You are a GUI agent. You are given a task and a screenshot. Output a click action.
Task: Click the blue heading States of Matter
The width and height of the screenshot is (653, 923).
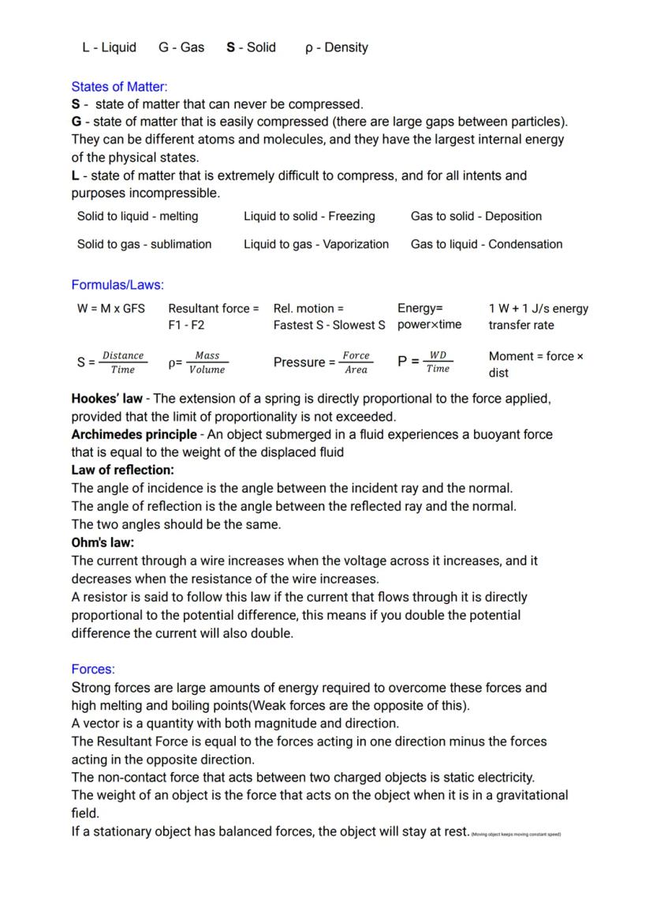(119, 87)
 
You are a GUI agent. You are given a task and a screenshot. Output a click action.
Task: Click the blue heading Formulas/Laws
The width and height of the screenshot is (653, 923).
(118, 285)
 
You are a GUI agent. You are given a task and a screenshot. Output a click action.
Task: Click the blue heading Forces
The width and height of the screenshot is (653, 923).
(93, 670)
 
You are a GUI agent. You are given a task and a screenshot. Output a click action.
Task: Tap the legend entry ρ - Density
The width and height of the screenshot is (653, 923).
(337, 47)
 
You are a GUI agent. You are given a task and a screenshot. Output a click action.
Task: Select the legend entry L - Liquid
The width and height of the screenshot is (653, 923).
(109, 47)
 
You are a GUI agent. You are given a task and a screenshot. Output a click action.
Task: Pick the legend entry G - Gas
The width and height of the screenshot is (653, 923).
(181, 47)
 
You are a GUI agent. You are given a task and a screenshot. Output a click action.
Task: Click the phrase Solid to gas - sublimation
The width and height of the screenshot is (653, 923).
(144, 244)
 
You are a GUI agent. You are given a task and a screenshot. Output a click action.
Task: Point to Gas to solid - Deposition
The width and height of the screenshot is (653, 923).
(476, 216)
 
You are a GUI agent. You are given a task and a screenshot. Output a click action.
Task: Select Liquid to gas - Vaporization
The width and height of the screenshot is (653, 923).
(316, 244)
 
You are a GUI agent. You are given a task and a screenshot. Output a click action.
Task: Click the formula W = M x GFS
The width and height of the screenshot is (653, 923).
(111, 309)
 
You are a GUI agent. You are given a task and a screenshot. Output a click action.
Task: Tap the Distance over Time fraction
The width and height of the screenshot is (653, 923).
(123, 362)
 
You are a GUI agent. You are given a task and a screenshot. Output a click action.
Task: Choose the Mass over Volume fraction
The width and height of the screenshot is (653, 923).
(207, 362)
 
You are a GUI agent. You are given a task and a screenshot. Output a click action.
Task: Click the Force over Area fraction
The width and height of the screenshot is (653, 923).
(356, 362)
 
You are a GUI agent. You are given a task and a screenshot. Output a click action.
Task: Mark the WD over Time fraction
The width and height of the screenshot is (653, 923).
(438, 362)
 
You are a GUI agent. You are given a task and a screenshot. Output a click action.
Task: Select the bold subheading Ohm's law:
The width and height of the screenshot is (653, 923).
(103, 542)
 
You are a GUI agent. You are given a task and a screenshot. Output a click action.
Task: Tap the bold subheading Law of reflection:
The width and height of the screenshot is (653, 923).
(122, 471)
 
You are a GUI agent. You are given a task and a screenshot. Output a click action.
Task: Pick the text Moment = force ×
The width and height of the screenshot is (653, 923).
(536, 356)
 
